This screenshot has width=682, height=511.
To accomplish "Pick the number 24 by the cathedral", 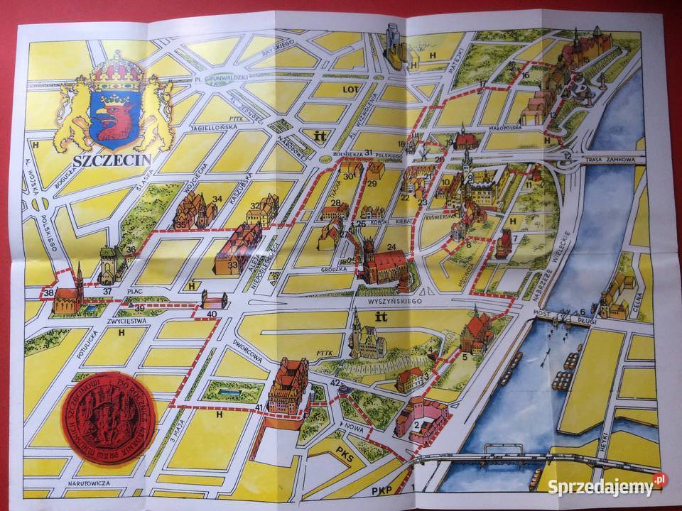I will (391, 248).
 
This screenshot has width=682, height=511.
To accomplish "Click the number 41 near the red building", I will (260, 407).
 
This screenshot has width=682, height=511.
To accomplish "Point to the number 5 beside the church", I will (465, 356).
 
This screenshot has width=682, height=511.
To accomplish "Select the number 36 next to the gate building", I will (131, 249).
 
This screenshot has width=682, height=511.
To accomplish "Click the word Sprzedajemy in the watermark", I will (600, 487).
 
